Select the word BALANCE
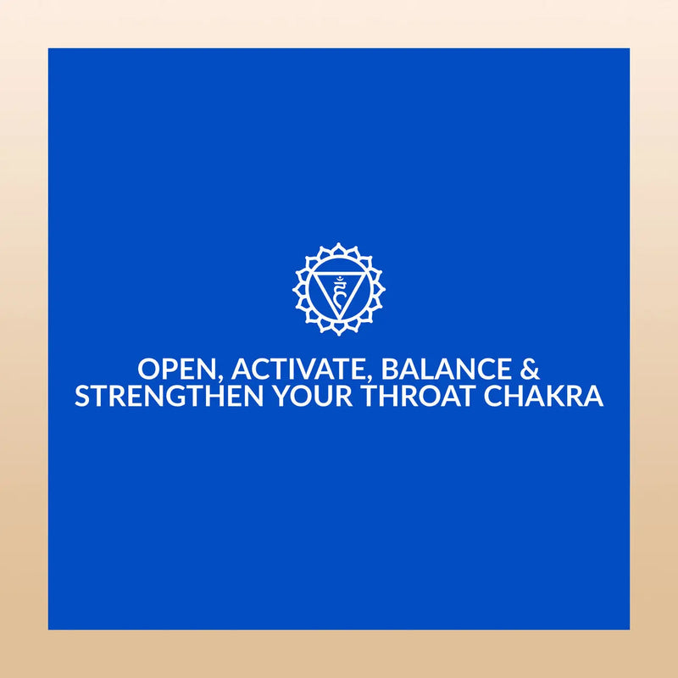(447, 370)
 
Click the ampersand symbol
(528, 370)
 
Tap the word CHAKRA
(542, 397)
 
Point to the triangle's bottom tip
(339, 320)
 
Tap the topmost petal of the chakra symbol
(339, 248)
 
